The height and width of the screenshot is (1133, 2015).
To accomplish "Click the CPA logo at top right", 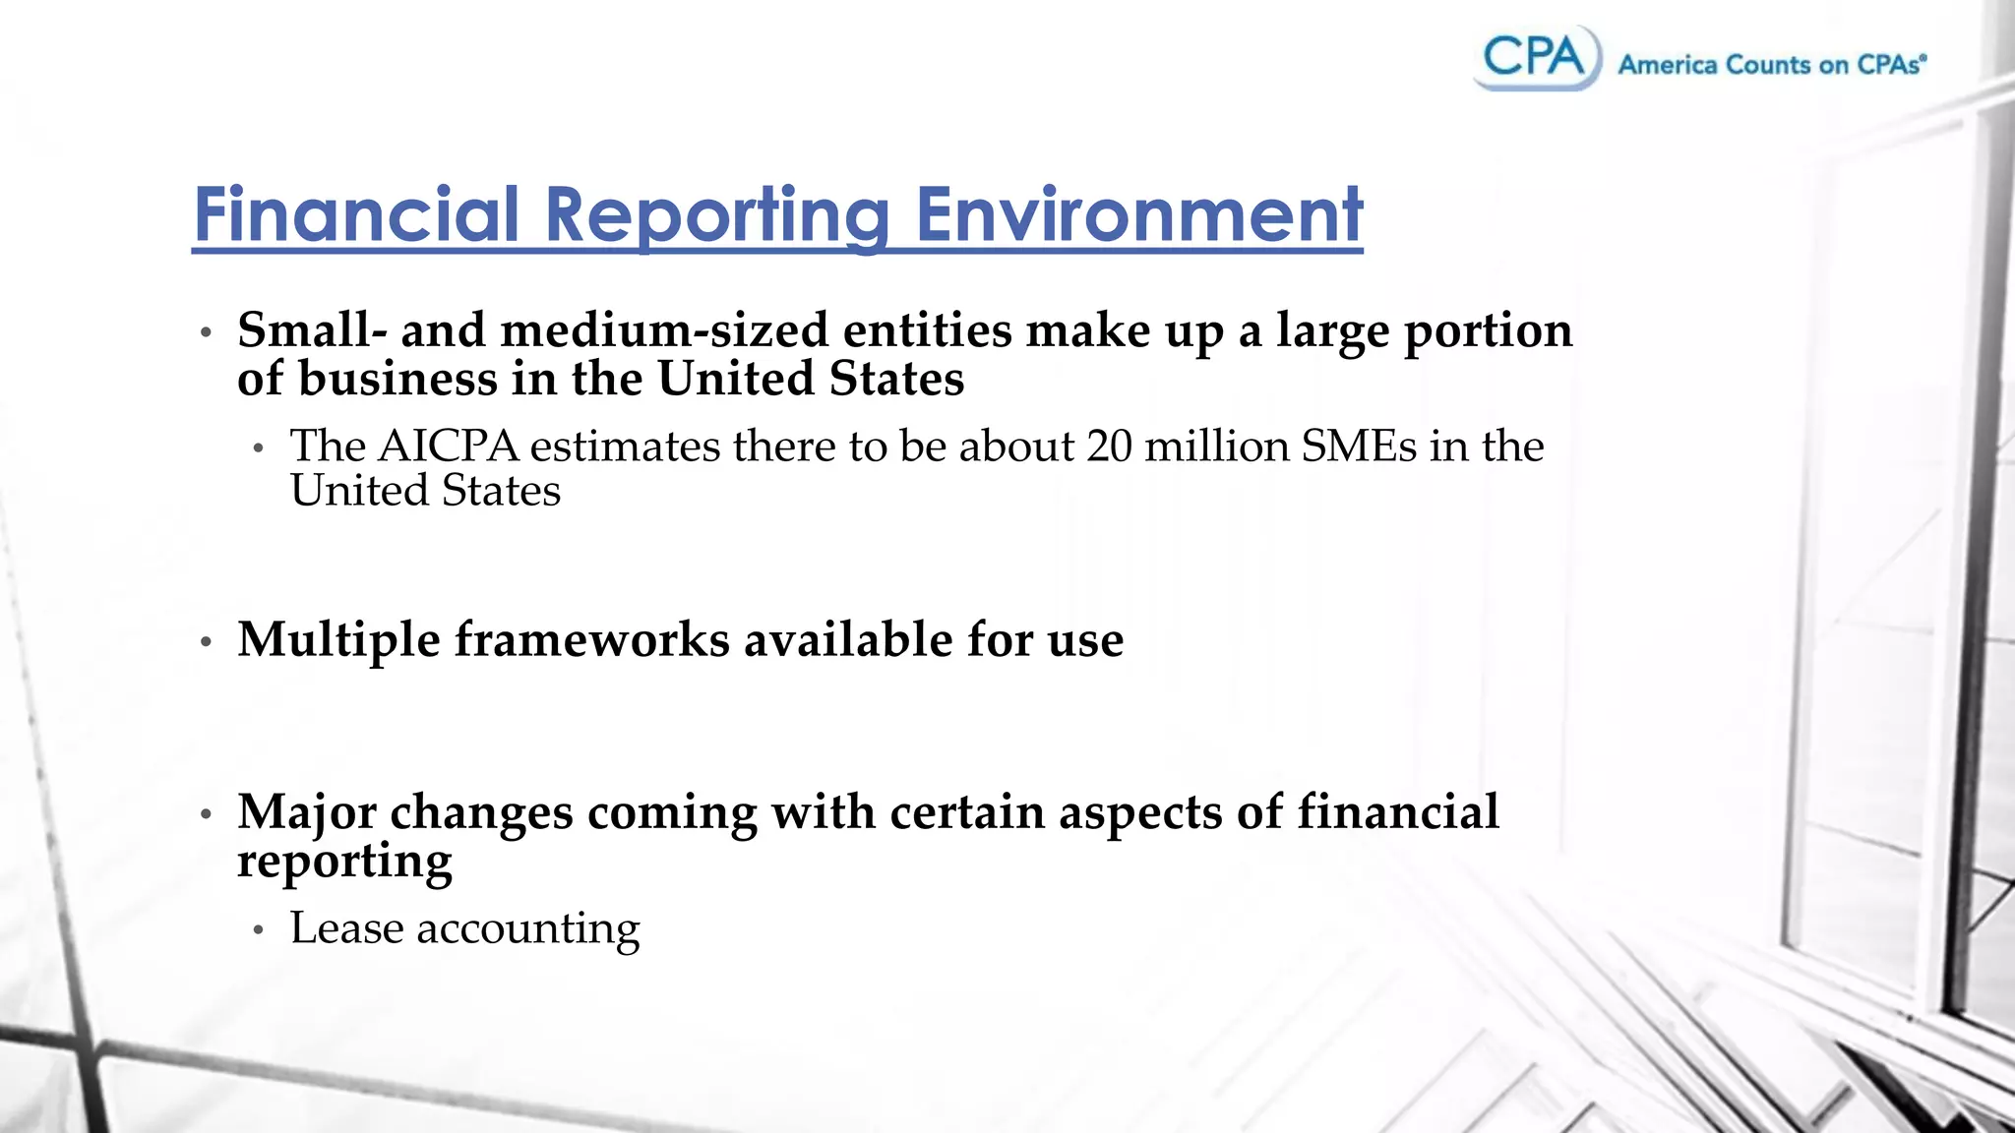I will [x=1536, y=57].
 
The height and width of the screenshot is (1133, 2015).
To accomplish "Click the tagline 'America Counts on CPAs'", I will [x=1771, y=65].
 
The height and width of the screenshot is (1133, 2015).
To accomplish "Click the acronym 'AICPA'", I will [x=448, y=447].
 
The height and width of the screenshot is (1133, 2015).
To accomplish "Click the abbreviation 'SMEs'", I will [x=1359, y=447].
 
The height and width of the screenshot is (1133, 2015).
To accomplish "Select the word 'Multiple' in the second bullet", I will [x=338, y=640].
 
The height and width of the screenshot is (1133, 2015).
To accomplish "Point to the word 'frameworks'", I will [x=591, y=640].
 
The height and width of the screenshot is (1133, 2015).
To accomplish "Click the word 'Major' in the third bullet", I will [x=307, y=812].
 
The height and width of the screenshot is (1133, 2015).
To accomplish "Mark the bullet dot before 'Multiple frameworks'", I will [x=206, y=643].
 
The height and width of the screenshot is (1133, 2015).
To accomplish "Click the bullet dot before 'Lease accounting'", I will [x=259, y=929].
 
